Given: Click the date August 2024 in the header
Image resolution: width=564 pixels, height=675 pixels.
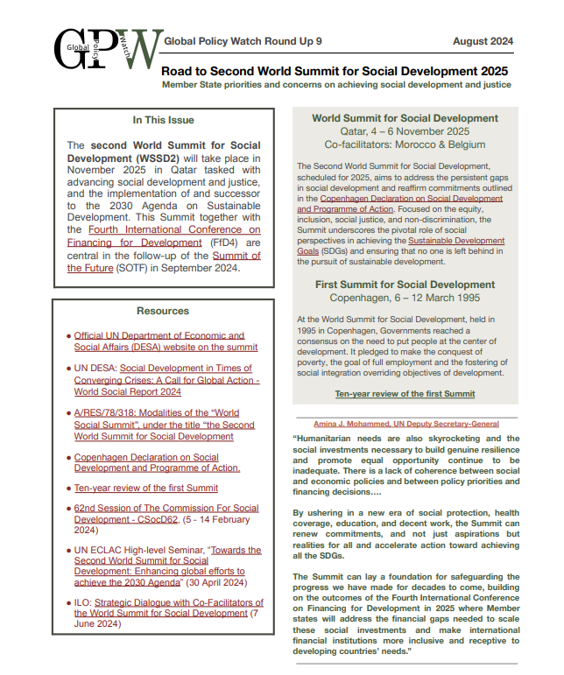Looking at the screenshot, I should coord(483,41).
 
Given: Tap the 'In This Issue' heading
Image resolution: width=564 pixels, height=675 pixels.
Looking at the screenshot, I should coord(164,120).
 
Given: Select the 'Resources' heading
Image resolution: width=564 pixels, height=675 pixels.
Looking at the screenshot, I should coord(163,311).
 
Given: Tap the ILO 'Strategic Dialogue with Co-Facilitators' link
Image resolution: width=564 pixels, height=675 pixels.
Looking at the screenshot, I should coord(171,608).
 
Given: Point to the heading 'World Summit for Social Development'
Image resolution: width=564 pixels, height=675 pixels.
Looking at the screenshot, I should coord(405,118).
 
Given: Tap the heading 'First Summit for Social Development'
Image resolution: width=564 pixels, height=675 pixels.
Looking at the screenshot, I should coord(405,285).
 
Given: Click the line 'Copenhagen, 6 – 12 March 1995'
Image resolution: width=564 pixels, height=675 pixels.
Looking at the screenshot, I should coord(405,298).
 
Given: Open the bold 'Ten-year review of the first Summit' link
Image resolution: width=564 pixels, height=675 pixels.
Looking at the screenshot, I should coord(405,394).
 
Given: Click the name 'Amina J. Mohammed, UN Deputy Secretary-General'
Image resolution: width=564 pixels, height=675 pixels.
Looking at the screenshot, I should coord(404,423).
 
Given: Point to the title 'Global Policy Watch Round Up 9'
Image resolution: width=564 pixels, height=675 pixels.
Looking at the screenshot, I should coord(243,41).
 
